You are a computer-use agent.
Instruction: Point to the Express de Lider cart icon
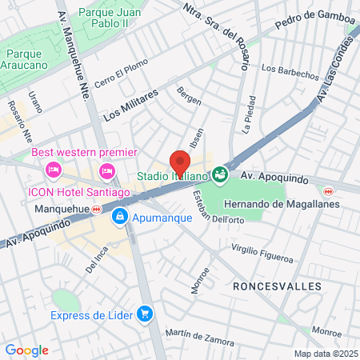coord(145,313)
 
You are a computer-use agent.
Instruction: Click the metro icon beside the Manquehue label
coord(97,210)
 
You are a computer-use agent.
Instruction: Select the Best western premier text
coord(84,153)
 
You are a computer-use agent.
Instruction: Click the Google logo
coord(26,350)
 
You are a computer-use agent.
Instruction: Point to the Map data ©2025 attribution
coord(324,354)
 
